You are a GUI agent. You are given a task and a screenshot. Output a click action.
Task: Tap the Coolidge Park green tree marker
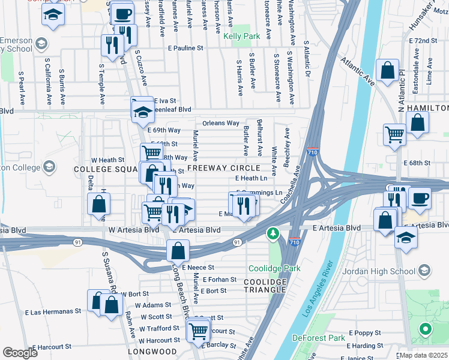pyautogui.click(x=273, y=232)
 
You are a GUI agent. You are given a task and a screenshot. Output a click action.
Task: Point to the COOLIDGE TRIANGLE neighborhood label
pyautogui.click(x=265, y=286)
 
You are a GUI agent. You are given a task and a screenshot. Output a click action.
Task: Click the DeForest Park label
pyautogui.click(x=319, y=338)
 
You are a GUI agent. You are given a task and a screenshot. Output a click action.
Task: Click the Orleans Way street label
pyautogui.click(x=221, y=123)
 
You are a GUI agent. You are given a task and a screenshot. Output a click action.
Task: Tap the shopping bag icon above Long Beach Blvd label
pyautogui.click(x=178, y=250)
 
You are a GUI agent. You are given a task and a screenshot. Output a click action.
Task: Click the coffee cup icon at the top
pyautogui.click(x=123, y=13)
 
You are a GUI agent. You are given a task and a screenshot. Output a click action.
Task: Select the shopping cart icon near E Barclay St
pyautogui.click(x=198, y=330)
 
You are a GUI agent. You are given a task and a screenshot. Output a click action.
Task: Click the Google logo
pyautogui.click(x=20, y=353)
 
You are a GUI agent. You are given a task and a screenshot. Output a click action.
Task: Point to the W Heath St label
pyautogui.click(x=107, y=160)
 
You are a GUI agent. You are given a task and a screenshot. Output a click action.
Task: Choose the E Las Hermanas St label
pyautogui.click(x=53, y=312)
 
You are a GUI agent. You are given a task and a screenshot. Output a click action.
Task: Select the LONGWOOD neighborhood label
pyautogui.click(x=152, y=352)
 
